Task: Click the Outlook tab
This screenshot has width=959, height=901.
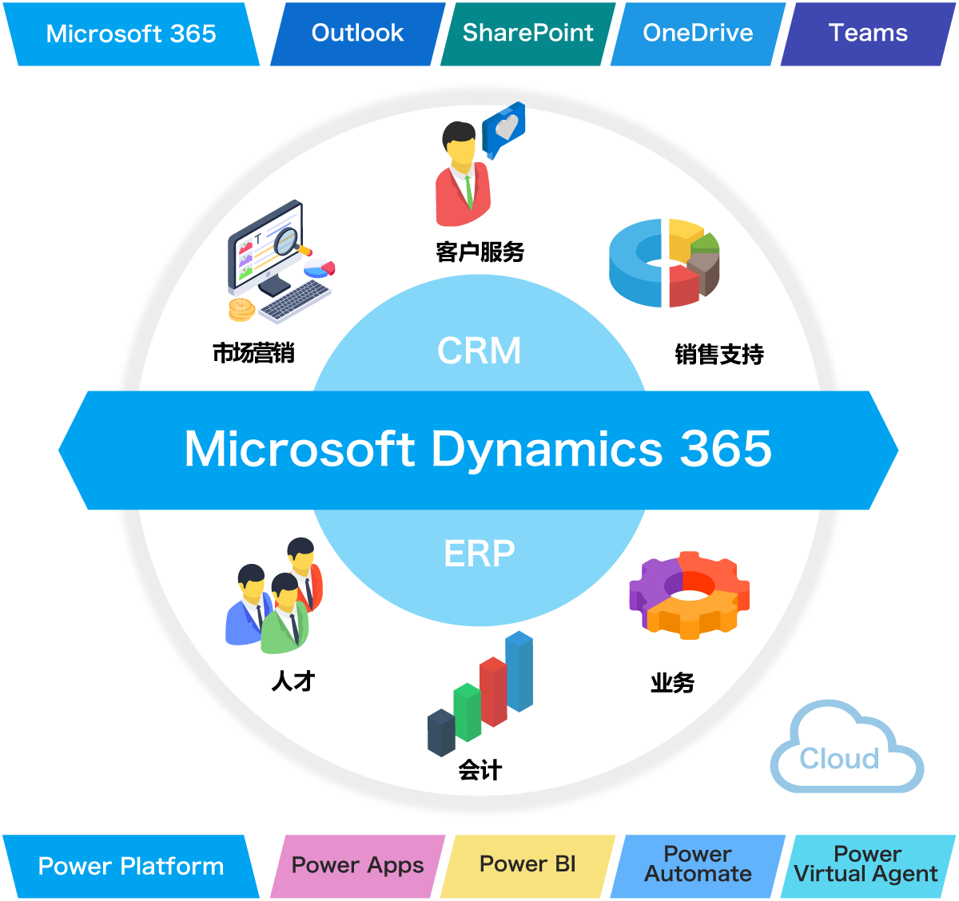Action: tap(357, 34)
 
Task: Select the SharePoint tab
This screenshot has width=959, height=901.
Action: tap(527, 34)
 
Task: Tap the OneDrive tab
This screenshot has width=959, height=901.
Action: tap(698, 34)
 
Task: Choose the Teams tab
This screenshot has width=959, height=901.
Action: tap(868, 34)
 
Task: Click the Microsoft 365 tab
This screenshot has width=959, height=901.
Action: tap(131, 34)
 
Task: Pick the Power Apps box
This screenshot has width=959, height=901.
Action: tap(357, 866)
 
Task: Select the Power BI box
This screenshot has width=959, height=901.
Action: tap(527, 865)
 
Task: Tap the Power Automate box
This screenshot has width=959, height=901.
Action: tap(698, 865)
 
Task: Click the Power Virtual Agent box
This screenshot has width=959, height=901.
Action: tap(866, 865)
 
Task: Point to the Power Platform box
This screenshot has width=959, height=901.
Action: tap(131, 867)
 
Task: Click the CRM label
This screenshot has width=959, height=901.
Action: tap(479, 351)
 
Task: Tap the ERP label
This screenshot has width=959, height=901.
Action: tap(479, 553)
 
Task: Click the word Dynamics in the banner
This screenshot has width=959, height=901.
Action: tap(547, 449)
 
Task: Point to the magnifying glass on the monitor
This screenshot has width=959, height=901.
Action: tap(286, 241)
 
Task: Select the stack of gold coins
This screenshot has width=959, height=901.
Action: tap(241, 308)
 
